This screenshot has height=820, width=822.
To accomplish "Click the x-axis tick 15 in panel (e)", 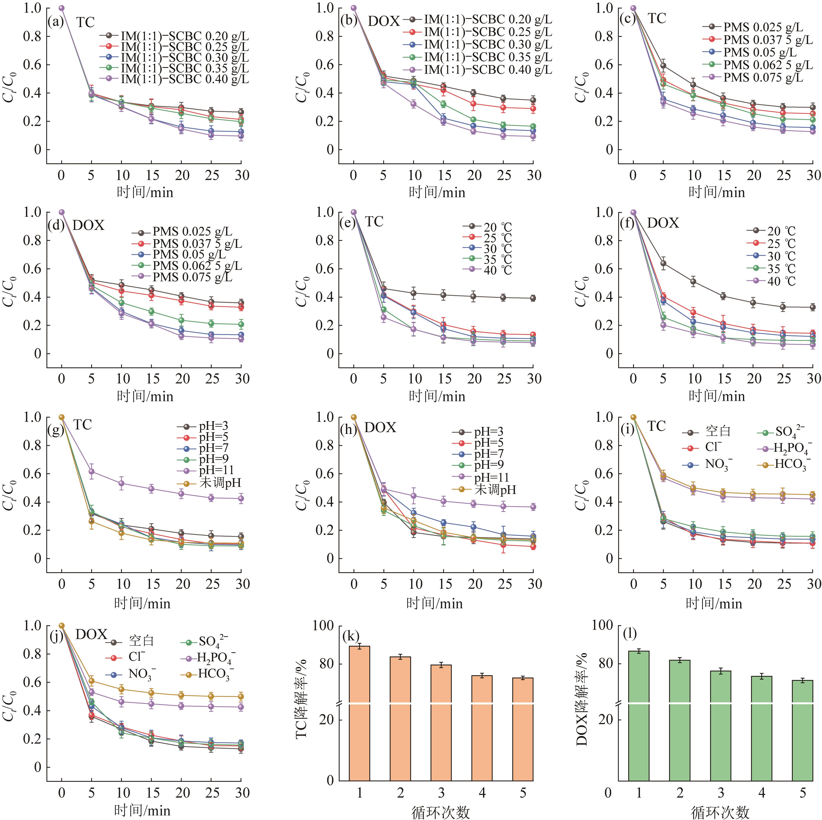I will click(x=445, y=378).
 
